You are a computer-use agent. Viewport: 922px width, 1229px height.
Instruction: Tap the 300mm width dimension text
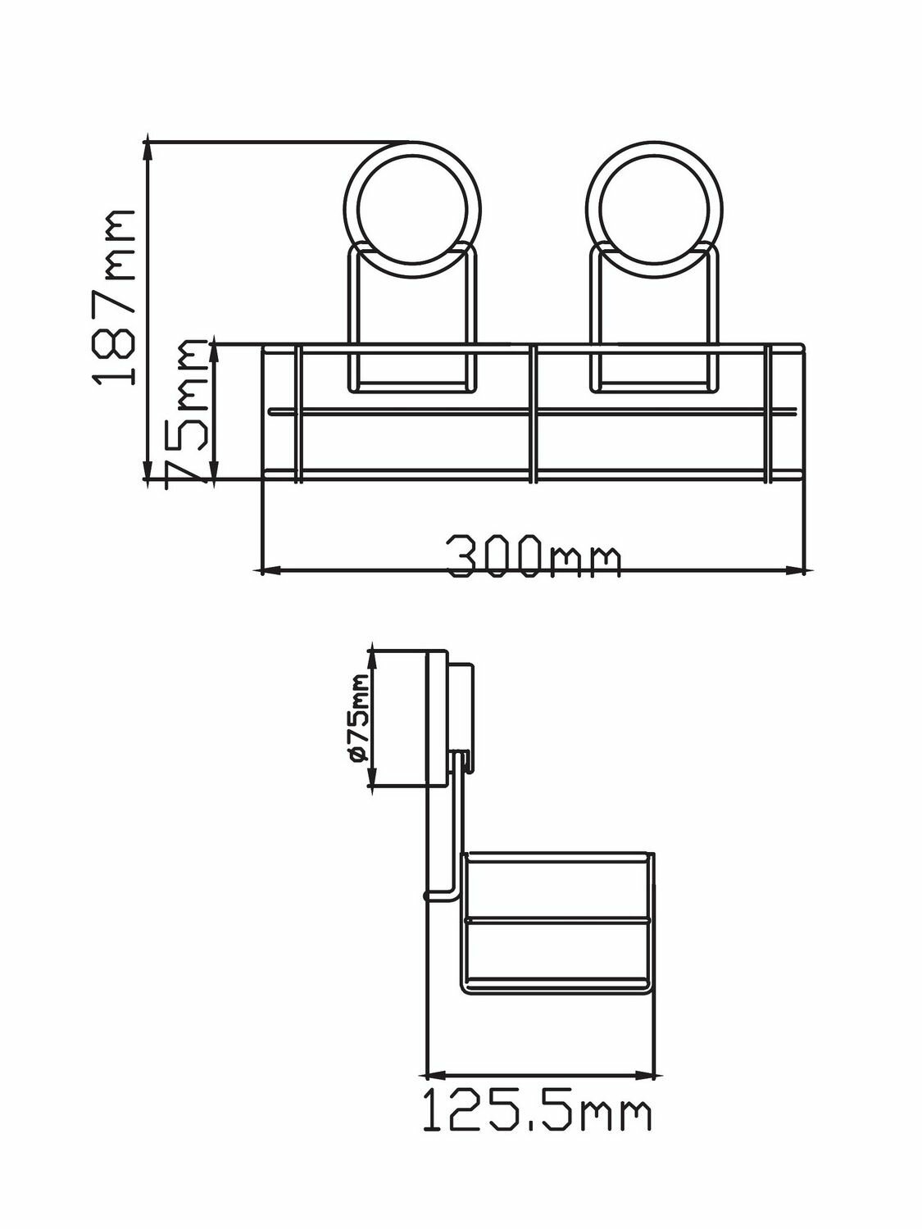coord(534,556)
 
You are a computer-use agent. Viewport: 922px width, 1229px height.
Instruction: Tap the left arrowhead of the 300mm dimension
coord(268,571)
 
